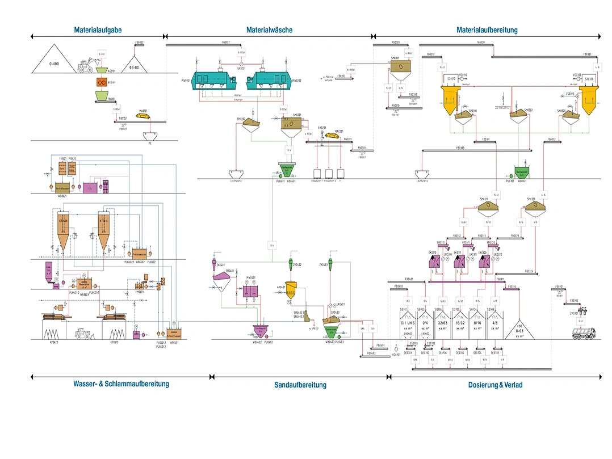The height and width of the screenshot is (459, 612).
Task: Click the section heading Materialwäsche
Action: [269, 30]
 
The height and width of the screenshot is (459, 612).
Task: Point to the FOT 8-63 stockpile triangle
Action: [519, 329]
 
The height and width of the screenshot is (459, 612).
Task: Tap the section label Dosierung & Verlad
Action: [495, 385]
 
